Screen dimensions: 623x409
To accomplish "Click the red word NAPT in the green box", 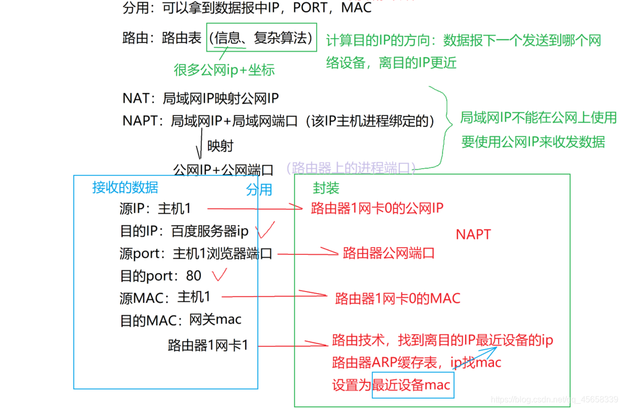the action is pos(474,234).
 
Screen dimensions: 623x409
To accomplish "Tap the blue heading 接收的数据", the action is pos(125,187).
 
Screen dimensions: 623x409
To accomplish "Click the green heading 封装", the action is pos(326,188).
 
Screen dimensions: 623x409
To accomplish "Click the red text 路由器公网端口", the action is pos(389,254).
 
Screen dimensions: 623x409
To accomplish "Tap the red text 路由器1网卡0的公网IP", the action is pos(377,208).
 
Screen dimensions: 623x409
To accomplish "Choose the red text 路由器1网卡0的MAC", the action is pos(398,298).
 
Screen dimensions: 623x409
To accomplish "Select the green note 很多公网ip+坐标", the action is pos(224,70).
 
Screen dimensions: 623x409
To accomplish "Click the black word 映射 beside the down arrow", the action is pos(220,146).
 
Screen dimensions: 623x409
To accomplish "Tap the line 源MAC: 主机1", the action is pos(165,298).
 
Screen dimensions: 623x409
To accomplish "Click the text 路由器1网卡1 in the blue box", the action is pos(207,345).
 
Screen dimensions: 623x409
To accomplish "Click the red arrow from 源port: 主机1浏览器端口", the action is pos(308,253).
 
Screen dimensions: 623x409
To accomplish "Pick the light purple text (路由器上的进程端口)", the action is pos(351,168).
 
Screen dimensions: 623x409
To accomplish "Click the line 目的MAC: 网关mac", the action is pos(181,320).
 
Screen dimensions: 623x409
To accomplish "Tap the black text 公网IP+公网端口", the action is pos(223,169).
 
